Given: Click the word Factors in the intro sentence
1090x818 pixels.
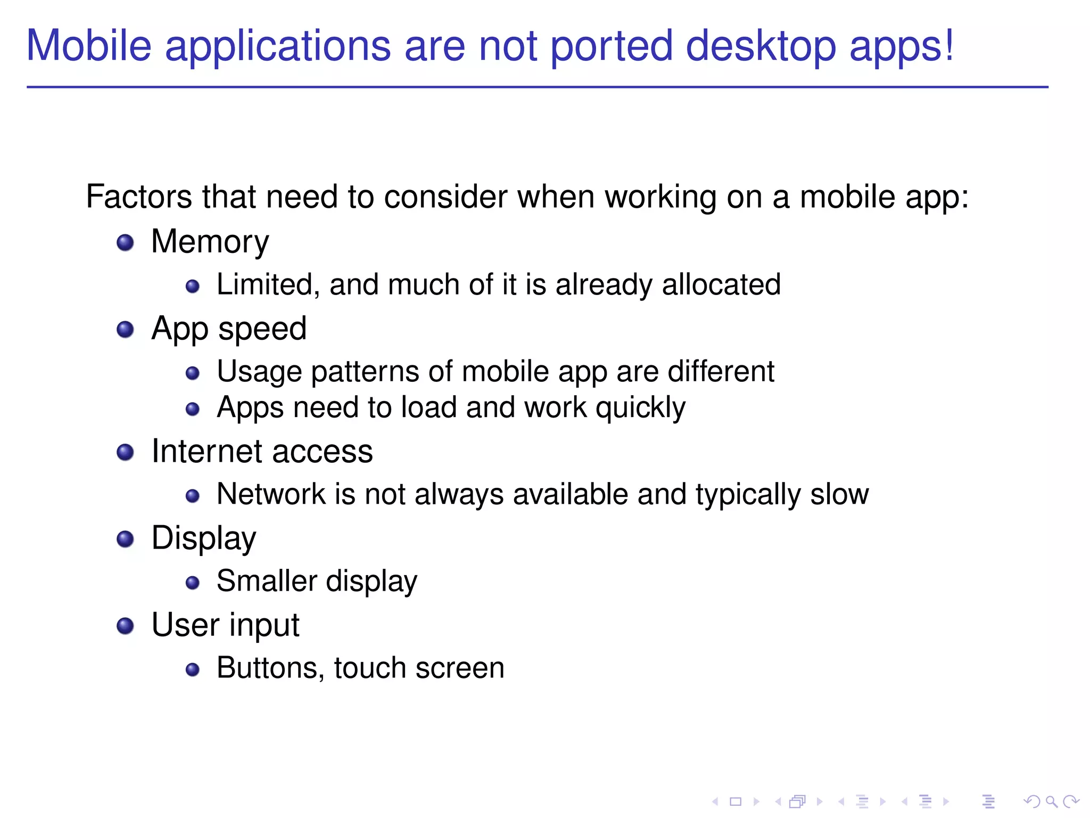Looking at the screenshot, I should point(138,197).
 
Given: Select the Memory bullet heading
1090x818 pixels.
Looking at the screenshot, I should point(210,242).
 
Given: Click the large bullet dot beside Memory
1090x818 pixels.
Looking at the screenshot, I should point(125,243).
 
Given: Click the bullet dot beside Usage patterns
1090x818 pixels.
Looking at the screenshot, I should point(193,373).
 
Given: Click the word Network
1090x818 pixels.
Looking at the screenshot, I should point(271,494).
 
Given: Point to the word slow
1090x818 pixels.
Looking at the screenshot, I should point(839,494).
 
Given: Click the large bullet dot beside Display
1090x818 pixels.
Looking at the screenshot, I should point(125,539).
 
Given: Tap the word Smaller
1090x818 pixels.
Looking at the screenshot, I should point(267,581).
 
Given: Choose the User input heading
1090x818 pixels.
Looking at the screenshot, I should point(225,625).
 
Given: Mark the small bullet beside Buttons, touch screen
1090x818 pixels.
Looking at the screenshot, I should point(193,670).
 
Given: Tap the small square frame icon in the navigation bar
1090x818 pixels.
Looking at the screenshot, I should point(736,801).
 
